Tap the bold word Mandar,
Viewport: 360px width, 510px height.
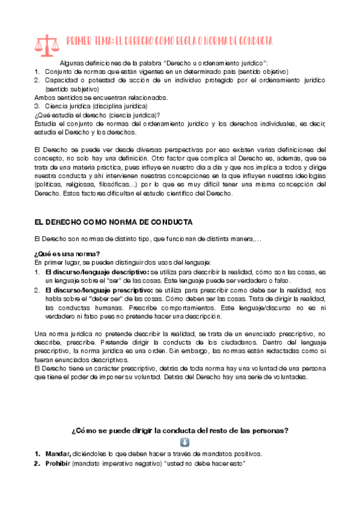(58, 453)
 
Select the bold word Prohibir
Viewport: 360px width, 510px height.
(58, 464)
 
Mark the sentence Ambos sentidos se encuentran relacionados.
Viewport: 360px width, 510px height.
(101, 97)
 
